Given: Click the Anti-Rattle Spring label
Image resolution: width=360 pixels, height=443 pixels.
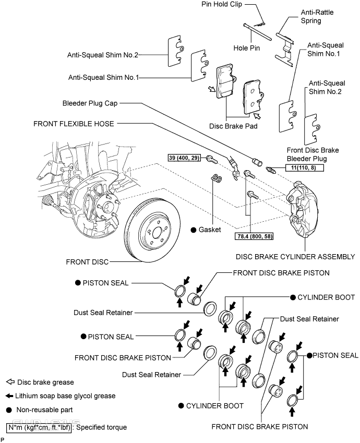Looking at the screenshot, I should coord(317,16).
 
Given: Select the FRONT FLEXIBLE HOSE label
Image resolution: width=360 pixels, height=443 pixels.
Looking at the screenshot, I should coord(74,124).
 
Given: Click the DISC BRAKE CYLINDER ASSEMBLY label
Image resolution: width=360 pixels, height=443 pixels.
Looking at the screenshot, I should coord(295,257).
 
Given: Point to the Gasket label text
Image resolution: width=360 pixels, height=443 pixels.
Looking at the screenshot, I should coord(210,230).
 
